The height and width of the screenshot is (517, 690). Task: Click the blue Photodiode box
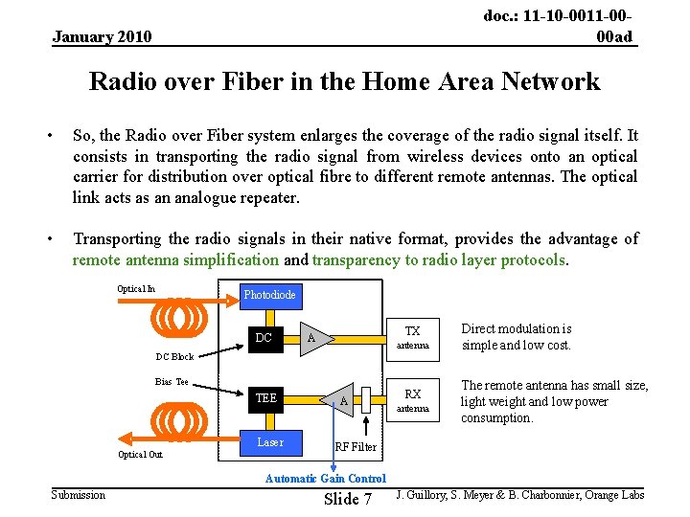(269, 295)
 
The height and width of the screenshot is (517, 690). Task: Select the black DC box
(264, 337)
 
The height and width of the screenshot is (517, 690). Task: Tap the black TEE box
(265, 398)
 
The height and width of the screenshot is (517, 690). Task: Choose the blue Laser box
(270, 441)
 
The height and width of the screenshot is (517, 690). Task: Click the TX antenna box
(413, 336)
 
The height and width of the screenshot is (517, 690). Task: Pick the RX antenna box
(413, 399)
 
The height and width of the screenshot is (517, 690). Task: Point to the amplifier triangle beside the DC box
(312, 338)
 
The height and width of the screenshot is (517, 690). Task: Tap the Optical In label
(136, 289)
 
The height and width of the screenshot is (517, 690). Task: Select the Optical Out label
(140, 454)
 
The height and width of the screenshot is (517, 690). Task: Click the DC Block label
(174, 357)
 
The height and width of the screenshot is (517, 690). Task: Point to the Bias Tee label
(172, 382)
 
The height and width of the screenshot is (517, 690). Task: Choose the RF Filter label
(356, 447)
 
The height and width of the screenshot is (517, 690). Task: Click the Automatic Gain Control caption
(326, 479)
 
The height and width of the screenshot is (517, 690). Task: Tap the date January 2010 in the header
(102, 37)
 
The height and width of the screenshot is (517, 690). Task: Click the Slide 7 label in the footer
(348, 499)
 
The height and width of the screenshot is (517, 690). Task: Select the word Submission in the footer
(79, 494)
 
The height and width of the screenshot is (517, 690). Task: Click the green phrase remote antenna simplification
(176, 259)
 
